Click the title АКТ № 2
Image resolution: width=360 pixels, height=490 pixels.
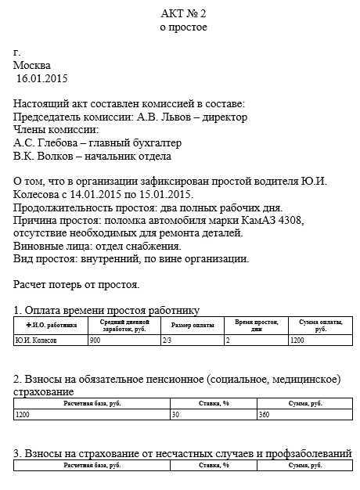[183, 13]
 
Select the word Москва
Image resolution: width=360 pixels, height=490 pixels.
[32, 65]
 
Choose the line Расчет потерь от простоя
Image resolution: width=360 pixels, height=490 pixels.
[77, 284]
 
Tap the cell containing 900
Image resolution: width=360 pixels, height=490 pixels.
[95, 340]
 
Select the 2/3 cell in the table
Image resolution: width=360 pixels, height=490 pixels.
[166, 340]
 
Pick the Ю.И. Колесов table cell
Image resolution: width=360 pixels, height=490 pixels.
[36, 340]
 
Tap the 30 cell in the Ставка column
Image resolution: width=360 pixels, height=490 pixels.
[176, 416]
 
